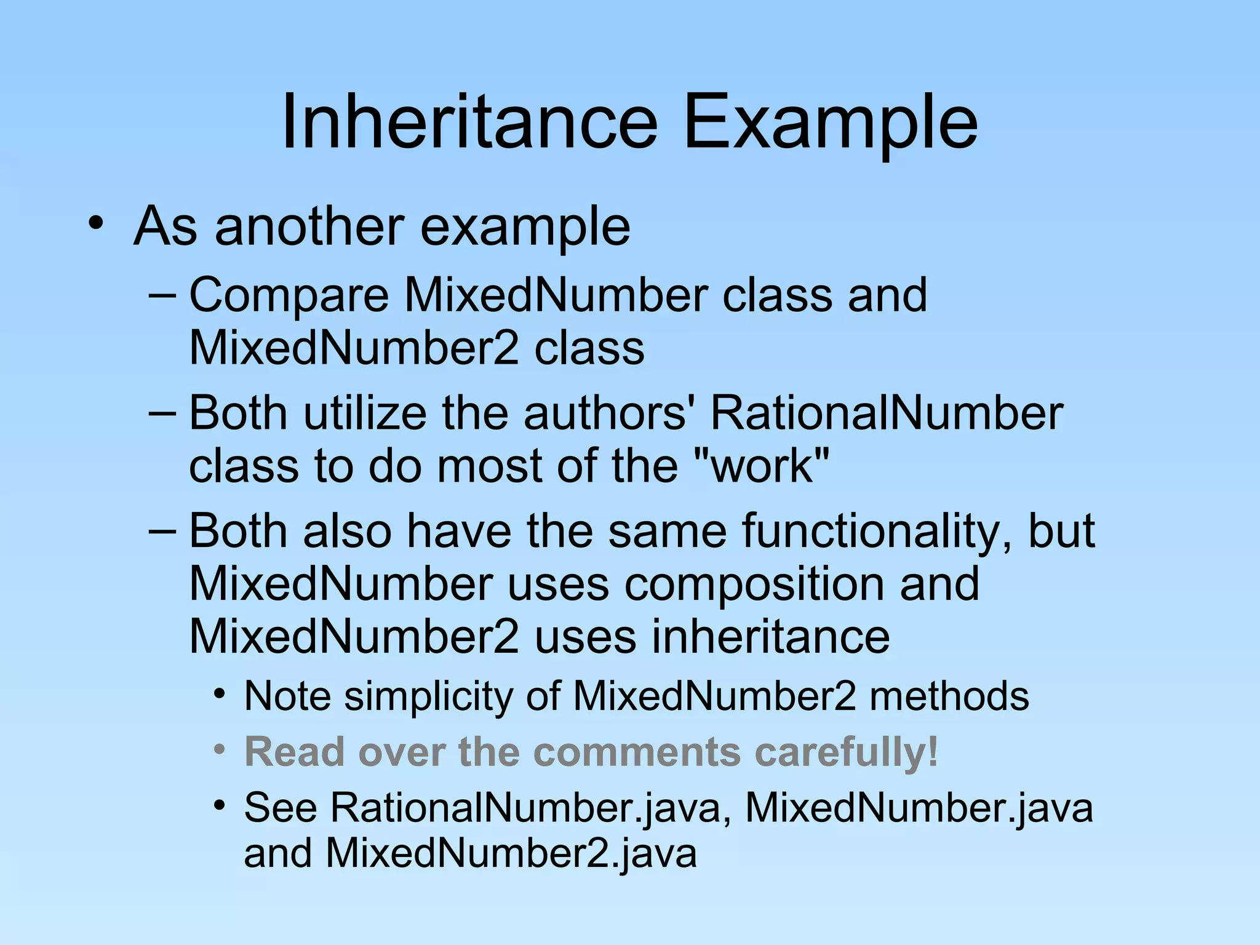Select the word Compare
click(x=289, y=295)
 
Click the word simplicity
click(x=428, y=696)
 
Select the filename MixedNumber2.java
click(x=511, y=853)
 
